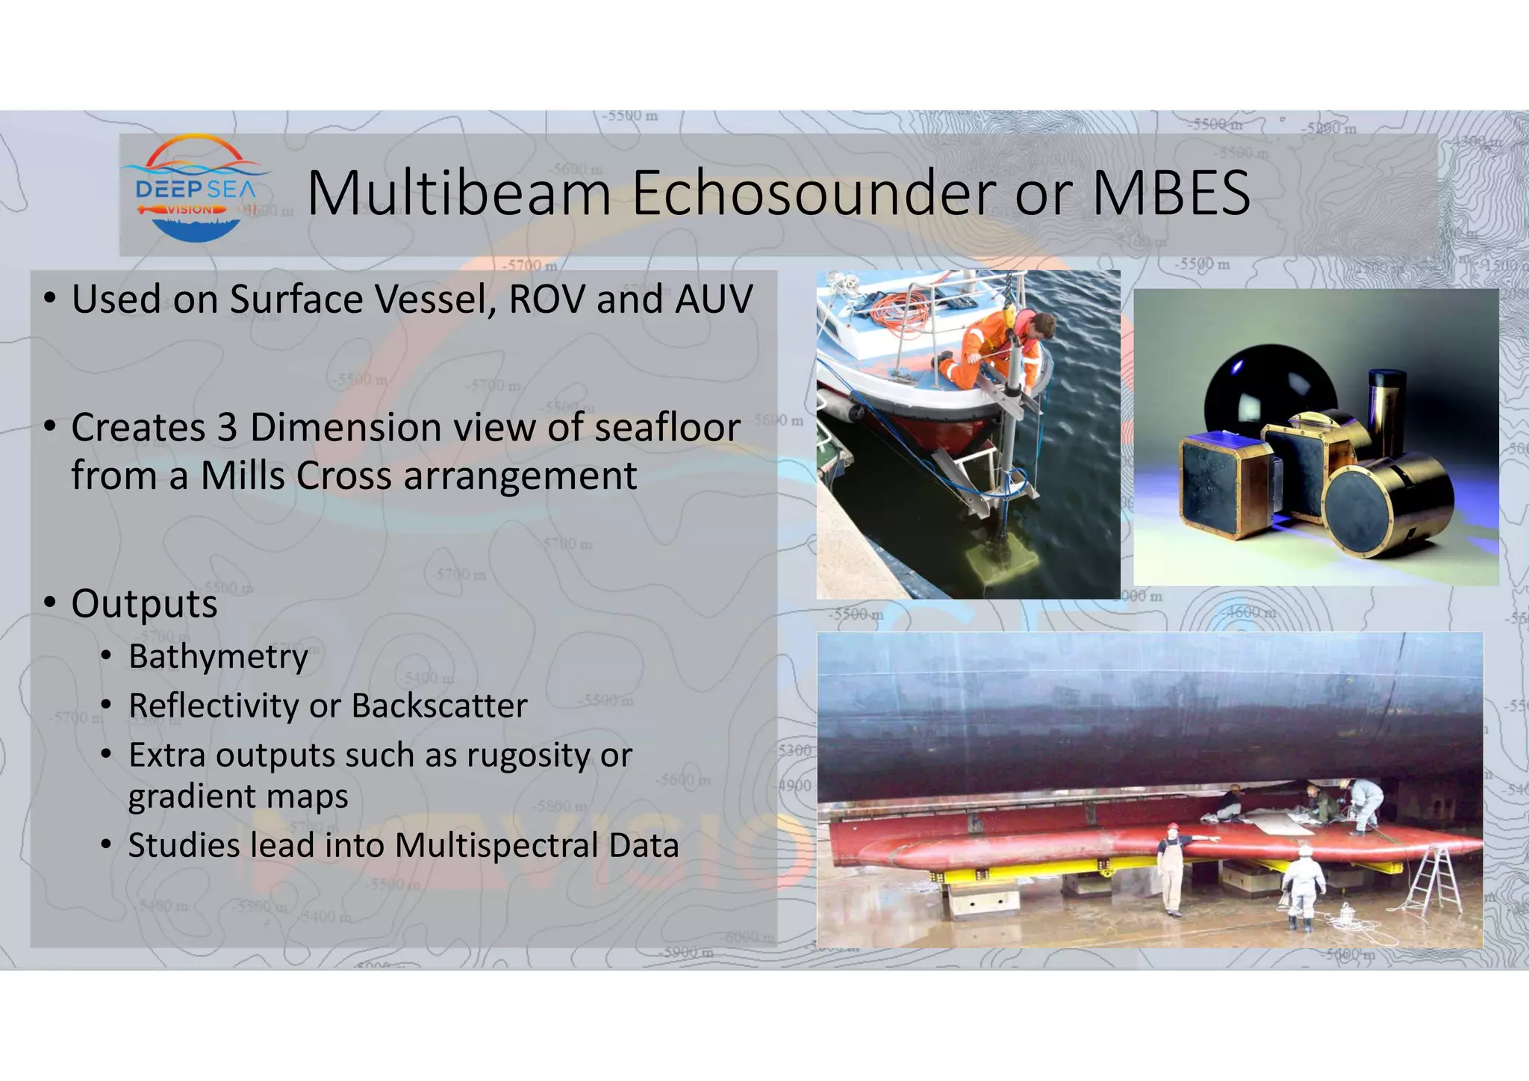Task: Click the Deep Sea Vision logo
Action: click(196, 190)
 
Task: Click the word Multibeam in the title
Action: click(458, 193)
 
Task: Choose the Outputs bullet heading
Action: click(144, 603)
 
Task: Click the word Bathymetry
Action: click(218, 657)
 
